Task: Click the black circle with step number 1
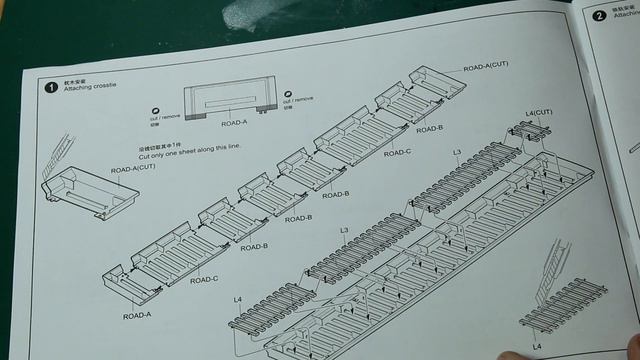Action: [x=49, y=87]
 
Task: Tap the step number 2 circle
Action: [x=599, y=16]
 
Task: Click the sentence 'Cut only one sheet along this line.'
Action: [x=189, y=155]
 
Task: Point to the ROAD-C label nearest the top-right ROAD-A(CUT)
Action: [x=397, y=153]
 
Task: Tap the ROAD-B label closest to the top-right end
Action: [x=429, y=129]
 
